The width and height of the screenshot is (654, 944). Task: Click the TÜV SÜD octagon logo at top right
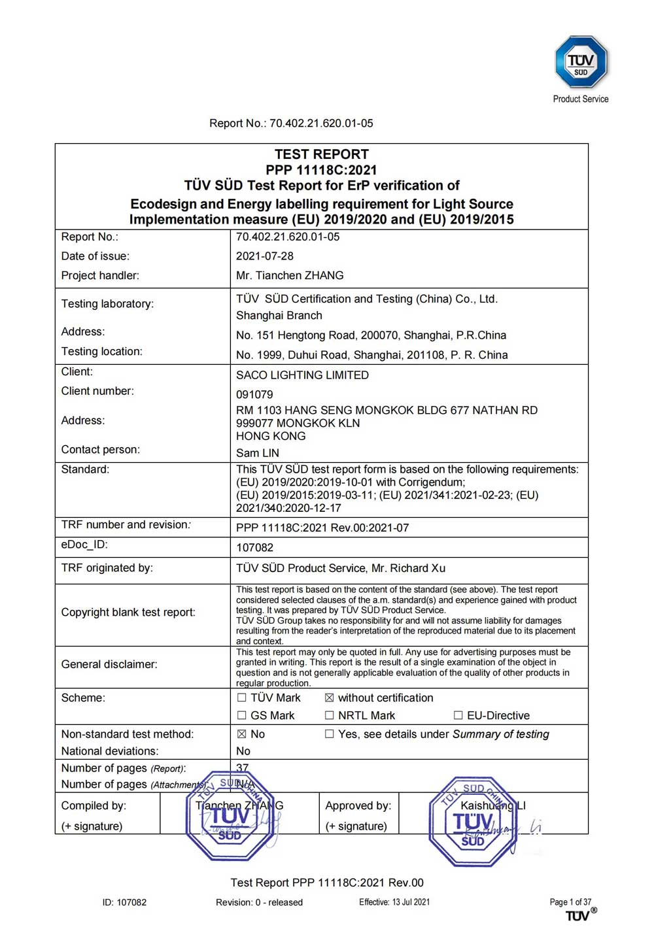(581, 62)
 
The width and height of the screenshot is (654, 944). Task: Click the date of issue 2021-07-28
(264, 256)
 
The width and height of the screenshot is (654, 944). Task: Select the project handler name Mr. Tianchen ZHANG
(289, 276)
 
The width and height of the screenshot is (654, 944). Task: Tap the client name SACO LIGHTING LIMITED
(302, 375)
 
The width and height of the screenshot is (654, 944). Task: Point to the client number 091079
(254, 395)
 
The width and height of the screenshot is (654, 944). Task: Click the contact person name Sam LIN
(257, 453)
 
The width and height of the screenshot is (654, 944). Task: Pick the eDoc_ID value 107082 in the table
(254, 548)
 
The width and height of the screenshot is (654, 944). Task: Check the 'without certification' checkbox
(330, 698)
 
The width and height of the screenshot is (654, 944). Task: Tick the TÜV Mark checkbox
(242, 698)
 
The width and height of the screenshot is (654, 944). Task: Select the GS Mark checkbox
(242, 716)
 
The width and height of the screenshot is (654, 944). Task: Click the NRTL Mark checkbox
(330, 716)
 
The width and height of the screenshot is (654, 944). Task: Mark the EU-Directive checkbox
(458, 716)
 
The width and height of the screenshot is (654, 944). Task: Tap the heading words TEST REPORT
(321, 154)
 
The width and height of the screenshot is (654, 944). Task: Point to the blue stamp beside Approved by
(473, 822)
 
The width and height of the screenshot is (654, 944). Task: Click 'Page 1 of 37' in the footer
(570, 902)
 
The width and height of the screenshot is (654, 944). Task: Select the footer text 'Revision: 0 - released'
(259, 903)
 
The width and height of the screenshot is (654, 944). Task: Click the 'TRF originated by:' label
(107, 568)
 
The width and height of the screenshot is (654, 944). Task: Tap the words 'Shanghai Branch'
(279, 316)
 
